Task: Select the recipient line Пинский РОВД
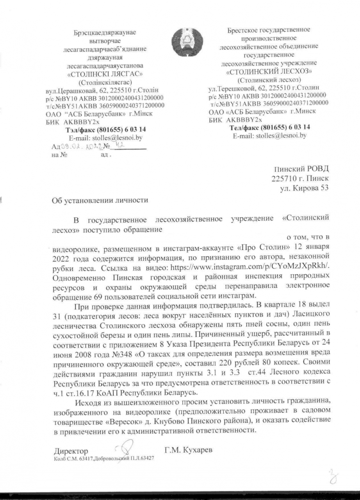point(301,170)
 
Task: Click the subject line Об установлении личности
point(101,201)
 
